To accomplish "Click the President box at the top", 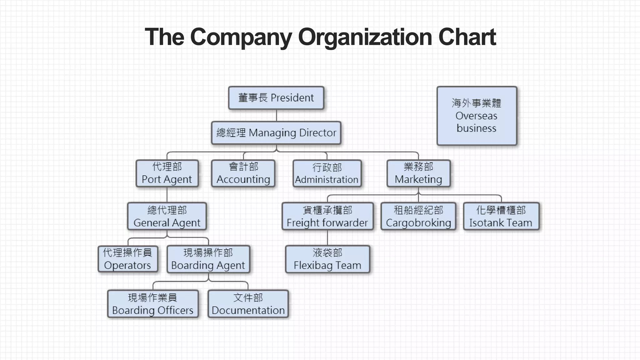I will pyautogui.click(x=276, y=98).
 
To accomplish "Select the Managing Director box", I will pyautogui.click(x=276, y=133).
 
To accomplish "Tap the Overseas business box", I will pyautogui.click(x=477, y=116).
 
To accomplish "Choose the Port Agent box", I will pyautogui.click(x=167, y=173).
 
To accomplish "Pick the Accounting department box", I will pyautogui.click(x=243, y=173).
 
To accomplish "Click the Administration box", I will pyautogui.click(x=327, y=173).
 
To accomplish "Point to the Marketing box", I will pyautogui.click(x=418, y=173).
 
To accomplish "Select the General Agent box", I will pyautogui.click(x=167, y=216).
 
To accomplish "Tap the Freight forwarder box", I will pyautogui.click(x=327, y=216).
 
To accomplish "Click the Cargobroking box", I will pyautogui.click(x=418, y=216).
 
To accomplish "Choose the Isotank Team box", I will pyautogui.click(x=501, y=216).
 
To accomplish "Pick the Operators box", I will pyautogui.click(x=127, y=259).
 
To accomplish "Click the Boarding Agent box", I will pyautogui.click(x=208, y=259).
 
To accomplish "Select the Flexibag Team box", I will pyautogui.click(x=327, y=259).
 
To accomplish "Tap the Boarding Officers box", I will pyautogui.click(x=153, y=304).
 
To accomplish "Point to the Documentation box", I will pyautogui.click(x=248, y=304).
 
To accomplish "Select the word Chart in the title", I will pyautogui.click(x=467, y=37).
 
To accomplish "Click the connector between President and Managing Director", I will pyautogui.click(x=277, y=115).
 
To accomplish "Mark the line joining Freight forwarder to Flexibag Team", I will pyautogui.click(x=327, y=238).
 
